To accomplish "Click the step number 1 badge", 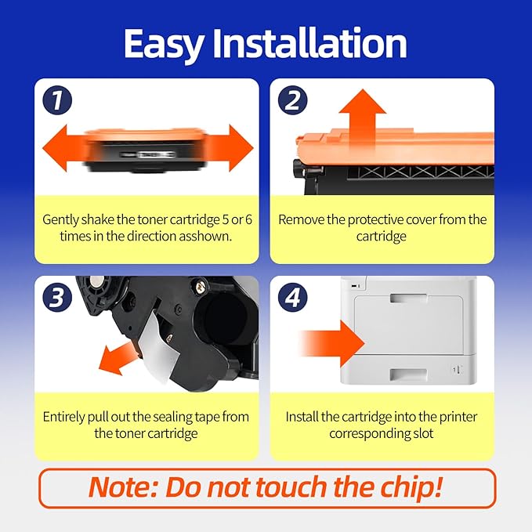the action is coord(57,100).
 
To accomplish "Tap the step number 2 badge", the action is coord(292,100).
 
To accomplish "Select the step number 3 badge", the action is coord(57,298).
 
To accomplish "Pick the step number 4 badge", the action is coord(292,298).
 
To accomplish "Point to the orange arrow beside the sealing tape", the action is coord(117,359).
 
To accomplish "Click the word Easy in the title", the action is coord(165,44).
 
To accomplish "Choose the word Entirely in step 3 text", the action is coord(63,417).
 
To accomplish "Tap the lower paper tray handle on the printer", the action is coord(408,375).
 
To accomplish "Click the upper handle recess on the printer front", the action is coord(408,299).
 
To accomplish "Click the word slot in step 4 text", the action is coord(423,433).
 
